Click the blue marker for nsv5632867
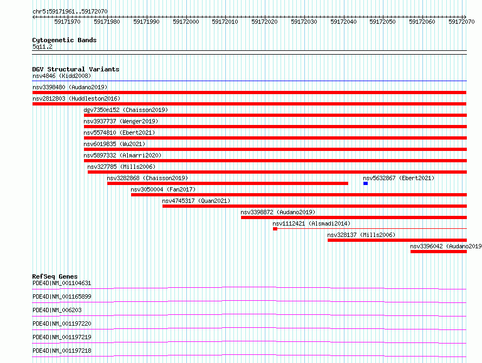366,183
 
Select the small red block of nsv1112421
275,229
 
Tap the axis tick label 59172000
186,22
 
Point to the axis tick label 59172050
382,22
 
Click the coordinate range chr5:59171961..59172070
70,11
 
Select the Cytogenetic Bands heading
64,40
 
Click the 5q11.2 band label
42,47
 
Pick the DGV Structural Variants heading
76,69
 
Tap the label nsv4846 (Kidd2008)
62,76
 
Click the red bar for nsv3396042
439,252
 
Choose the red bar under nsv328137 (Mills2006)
397,240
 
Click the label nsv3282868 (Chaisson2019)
147,178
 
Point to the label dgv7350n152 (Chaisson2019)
126,110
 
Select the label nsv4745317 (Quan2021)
196,201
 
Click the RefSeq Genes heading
55,276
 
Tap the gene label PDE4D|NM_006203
57,310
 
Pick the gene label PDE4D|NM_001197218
62,351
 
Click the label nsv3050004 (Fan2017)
163,189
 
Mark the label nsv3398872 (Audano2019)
278,212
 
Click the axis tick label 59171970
67,22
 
